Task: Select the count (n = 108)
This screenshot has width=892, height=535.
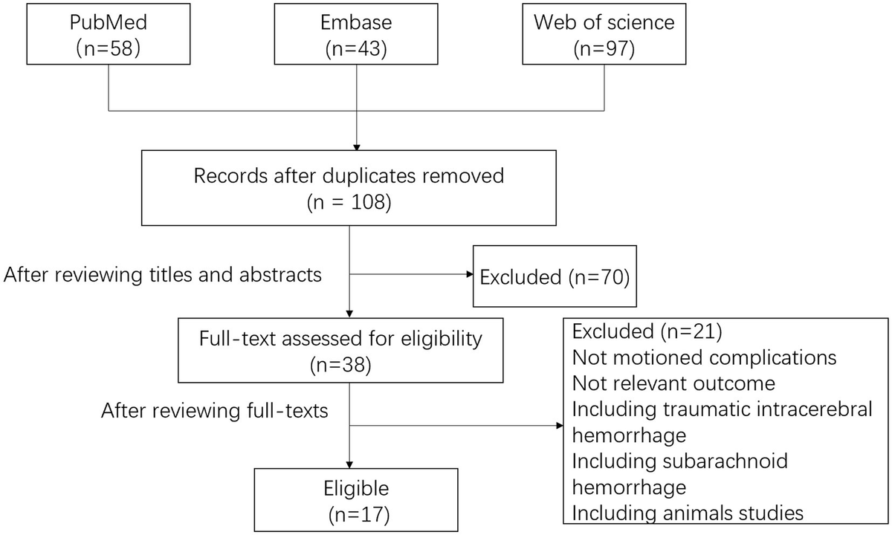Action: coord(349,202)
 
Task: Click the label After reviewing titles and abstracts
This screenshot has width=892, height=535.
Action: coord(163,275)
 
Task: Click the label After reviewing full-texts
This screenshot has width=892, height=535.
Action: coord(215,410)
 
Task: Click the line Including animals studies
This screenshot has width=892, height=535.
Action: coord(688,512)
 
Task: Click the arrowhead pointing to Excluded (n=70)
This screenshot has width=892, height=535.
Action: coord(469,275)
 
